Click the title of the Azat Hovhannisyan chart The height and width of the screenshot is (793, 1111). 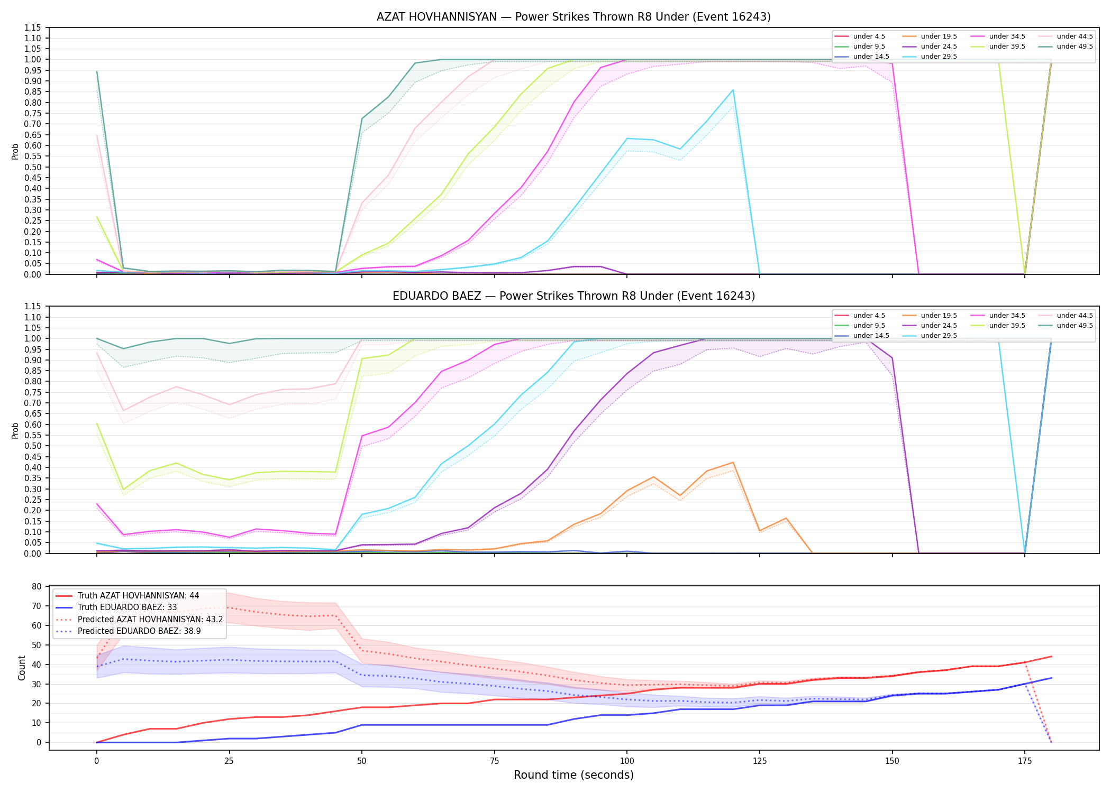(573, 17)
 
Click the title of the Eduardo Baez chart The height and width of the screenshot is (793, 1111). (573, 296)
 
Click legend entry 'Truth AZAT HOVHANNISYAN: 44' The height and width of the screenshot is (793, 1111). (138, 596)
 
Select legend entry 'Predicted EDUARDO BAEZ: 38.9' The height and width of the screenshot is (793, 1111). (139, 631)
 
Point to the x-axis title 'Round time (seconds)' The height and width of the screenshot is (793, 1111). (573, 775)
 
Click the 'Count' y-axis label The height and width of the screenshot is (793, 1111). (22, 668)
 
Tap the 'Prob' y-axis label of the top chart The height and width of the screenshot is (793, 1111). (15, 152)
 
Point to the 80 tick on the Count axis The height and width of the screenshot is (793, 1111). (37, 587)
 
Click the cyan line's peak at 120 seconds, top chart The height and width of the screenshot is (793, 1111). (733, 90)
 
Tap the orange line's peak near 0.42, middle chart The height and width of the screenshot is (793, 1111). (733, 463)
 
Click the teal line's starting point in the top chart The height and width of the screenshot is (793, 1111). (97, 71)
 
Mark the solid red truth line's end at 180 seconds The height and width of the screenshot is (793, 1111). (1051, 657)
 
